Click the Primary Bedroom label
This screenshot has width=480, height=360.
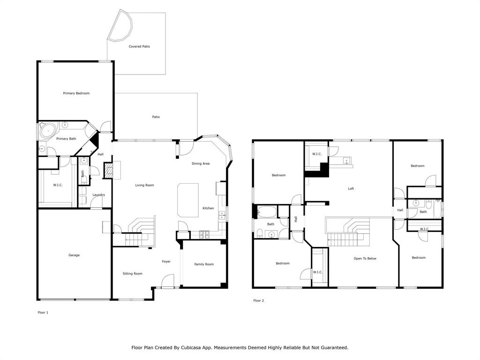(76, 93)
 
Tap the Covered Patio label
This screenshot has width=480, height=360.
(139, 46)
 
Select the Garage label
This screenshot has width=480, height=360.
(74, 255)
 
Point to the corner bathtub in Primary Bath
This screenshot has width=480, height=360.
(49, 131)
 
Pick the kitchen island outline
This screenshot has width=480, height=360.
(188, 200)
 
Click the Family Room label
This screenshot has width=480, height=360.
(204, 264)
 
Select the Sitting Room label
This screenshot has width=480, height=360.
(133, 274)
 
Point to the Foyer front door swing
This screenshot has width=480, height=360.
(167, 281)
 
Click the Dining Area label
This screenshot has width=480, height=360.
(201, 164)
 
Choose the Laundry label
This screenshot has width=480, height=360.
(98, 195)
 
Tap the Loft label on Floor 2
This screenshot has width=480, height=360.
(351, 188)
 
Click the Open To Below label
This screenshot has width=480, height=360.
(365, 258)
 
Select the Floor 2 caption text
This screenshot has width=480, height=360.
(259, 300)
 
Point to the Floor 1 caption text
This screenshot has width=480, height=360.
(43, 313)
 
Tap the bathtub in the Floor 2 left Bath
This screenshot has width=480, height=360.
(267, 211)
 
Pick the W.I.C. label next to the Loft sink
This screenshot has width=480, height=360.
(317, 154)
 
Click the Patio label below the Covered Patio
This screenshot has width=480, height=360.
(156, 117)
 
